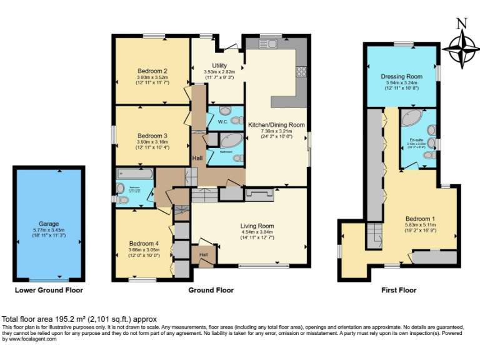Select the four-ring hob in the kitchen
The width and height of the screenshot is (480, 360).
point(301,71)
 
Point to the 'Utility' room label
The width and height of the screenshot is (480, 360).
point(219,65)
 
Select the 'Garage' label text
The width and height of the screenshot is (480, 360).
point(48,224)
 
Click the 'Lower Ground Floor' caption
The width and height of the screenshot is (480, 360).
point(49,290)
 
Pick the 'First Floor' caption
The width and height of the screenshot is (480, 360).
point(399,290)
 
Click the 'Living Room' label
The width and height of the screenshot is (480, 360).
point(257,226)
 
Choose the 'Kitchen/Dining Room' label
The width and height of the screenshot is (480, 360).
point(276,125)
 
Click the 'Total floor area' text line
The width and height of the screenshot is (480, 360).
point(79,318)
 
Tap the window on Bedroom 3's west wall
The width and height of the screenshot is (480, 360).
point(113,134)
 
